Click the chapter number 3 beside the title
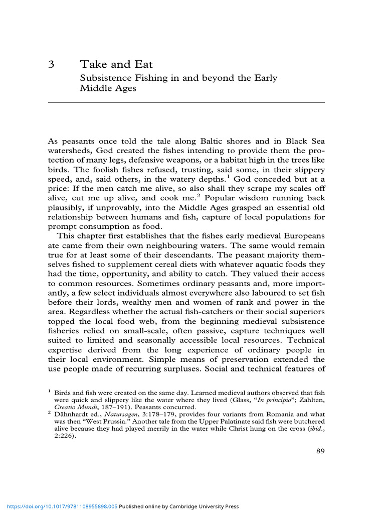click(51, 65)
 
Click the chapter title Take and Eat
click(116, 65)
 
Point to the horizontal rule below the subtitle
click(186, 102)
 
